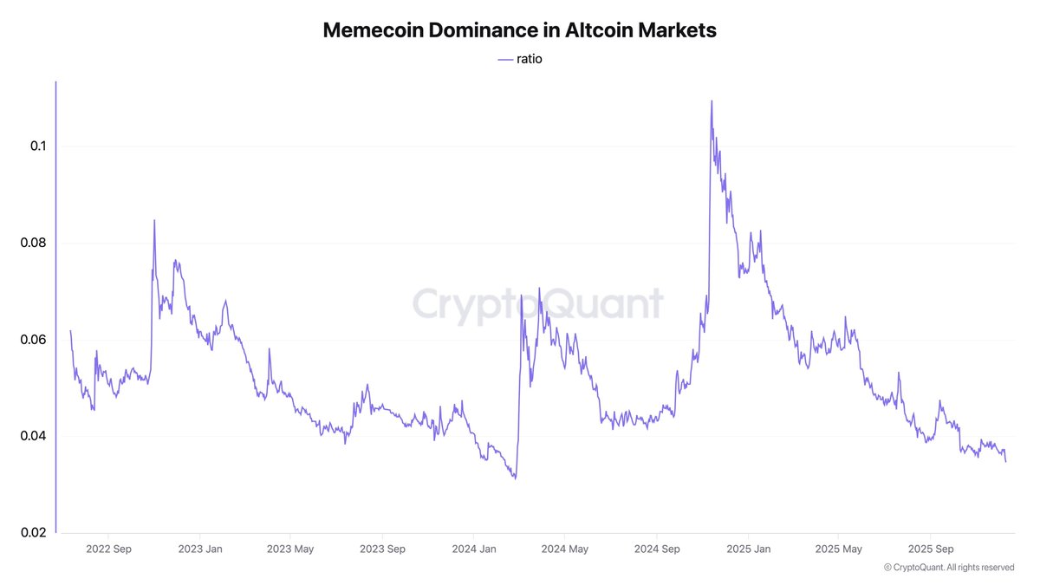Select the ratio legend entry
(x=520, y=59)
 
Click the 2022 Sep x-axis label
(x=108, y=549)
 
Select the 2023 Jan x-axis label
(x=200, y=549)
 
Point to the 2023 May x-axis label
(x=290, y=549)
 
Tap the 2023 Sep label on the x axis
(x=382, y=549)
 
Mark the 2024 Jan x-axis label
(x=474, y=549)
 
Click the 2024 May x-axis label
(x=565, y=549)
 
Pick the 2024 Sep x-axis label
(x=657, y=549)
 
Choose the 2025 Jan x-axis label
(x=749, y=549)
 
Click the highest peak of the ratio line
(x=712, y=101)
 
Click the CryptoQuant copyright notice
(x=949, y=567)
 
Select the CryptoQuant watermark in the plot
(x=537, y=304)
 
